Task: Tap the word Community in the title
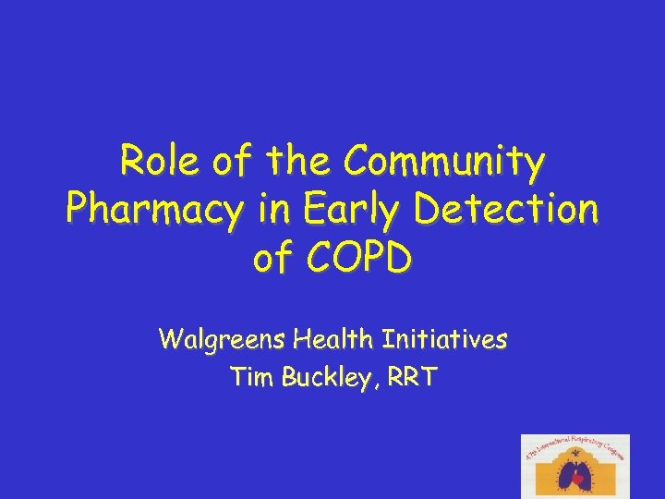pos(444,164)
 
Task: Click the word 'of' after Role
pos(227,164)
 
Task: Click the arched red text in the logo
pos(575,447)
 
